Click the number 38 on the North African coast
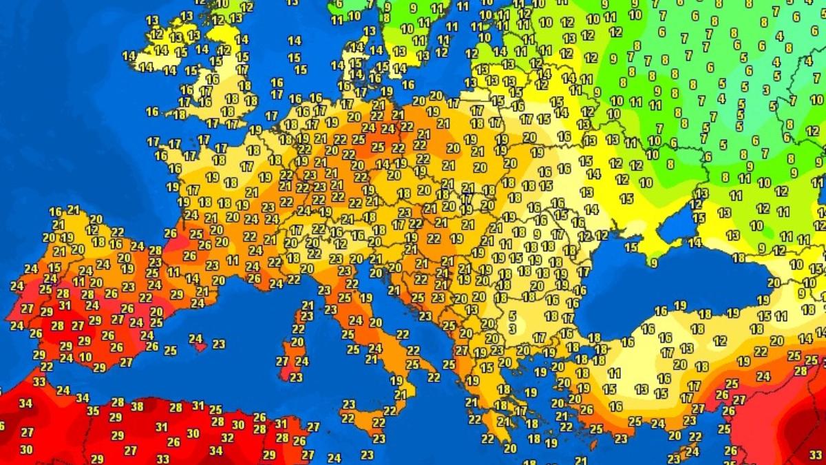point(137,406)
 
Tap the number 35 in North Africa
point(93,411)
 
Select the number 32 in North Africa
point(228,437)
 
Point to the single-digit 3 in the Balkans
point(512,329)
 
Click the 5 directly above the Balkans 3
point(512,316)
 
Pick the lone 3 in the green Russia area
point(766,90)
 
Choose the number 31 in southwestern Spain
point(64,306)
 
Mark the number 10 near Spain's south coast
point(85,357)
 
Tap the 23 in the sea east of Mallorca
point(219,344)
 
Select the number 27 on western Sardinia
point(282,361)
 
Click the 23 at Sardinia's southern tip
point(296,378)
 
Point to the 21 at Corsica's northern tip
point(308,305)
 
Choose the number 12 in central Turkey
point(719,340)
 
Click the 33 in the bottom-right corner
point(816,455)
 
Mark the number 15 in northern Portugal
point(54,267)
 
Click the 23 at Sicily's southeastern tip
point(379,438)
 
